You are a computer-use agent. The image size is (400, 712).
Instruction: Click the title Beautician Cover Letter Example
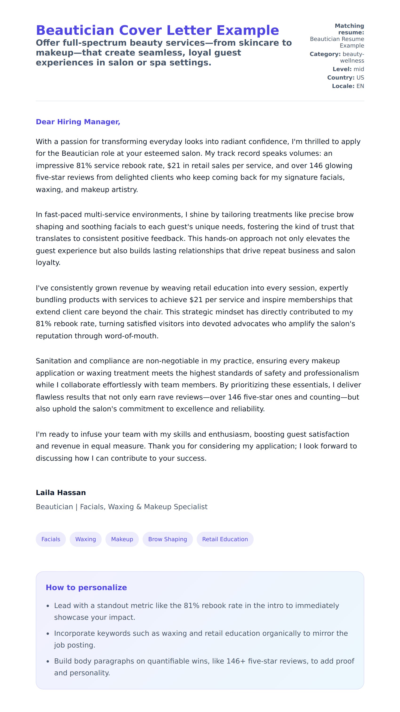[x=157, y=30]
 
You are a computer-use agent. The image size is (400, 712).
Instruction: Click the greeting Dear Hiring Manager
[x=78, y=122]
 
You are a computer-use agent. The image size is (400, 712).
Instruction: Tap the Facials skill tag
[x=51, y=539]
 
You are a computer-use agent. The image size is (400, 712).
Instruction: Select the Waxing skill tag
[x=85, y=539]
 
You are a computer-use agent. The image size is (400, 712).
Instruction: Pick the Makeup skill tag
[x=122, y=539]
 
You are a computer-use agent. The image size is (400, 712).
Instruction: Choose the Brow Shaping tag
[x=168, y=539]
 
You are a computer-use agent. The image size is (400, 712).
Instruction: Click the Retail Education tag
[x=225, y=539]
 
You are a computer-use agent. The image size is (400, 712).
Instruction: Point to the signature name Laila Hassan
[x=61, y=492]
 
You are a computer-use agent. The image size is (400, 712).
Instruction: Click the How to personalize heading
[x=86, y=587]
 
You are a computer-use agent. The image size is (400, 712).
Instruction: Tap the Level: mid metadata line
[x=348, y=69]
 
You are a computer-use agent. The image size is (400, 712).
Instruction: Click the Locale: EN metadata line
[x=348, y=86]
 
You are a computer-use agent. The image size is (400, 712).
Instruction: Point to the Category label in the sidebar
[x=325, y=54]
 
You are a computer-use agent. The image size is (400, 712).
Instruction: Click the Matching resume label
[x=349, y=29]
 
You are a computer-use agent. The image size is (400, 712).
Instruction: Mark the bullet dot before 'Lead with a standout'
[x=48, y=606]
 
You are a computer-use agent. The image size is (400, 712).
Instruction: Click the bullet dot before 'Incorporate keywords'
[x=48, y=633]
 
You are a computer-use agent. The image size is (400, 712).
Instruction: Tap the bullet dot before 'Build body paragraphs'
[x=48, y=661]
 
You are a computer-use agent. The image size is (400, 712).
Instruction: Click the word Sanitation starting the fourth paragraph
[x=53, y=361]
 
